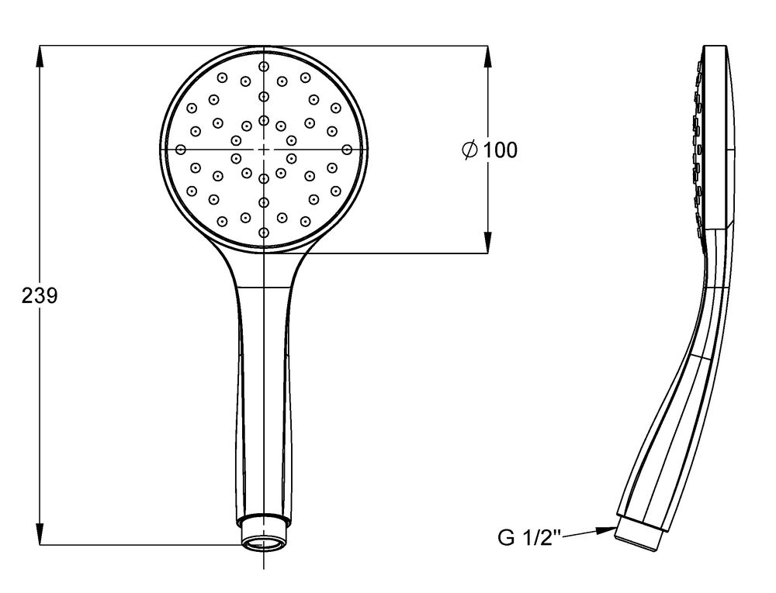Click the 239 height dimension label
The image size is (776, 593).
coord(40,295)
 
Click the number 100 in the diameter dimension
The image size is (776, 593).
coord(500,150)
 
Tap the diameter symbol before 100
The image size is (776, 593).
coord(469,150)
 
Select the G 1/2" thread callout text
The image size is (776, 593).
coord(529,537)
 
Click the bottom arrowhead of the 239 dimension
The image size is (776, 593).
coord(40,534)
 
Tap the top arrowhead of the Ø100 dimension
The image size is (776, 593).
coord(488,57)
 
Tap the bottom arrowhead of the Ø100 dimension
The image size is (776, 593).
coord(488,243)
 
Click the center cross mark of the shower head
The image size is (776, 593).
coord(264,150)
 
